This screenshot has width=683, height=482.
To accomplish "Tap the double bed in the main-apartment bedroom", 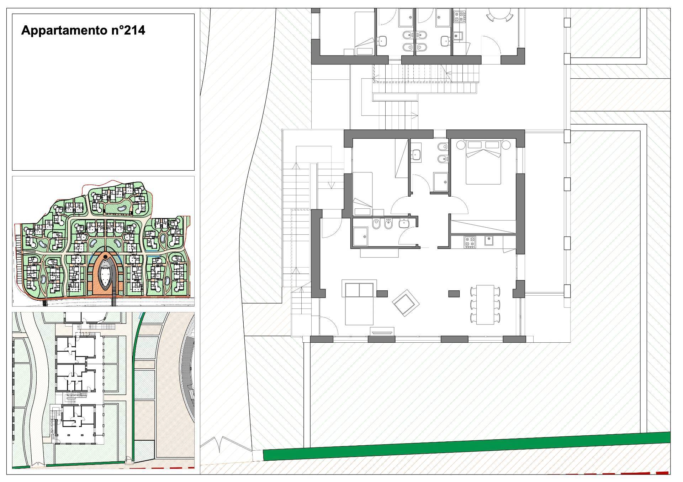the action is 483,162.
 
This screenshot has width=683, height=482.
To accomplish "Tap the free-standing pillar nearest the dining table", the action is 454,294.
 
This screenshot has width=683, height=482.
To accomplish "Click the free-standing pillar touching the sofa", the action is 382,294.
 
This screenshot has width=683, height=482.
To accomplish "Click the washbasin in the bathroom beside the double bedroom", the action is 416,154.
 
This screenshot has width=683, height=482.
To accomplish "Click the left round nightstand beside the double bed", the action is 461,145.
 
